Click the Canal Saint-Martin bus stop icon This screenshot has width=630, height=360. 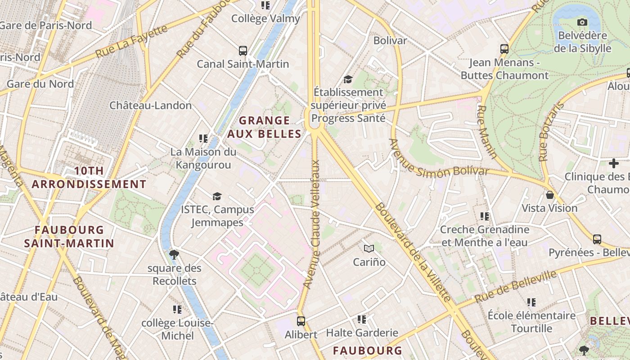[243, 50]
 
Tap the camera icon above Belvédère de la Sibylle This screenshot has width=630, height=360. [582, 22]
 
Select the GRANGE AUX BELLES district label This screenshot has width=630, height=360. [264, 127]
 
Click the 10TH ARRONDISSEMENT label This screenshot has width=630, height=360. [89, 177]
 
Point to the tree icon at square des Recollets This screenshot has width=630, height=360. [174, 255]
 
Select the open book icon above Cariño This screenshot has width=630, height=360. [369, 248]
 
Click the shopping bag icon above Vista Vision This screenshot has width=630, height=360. [549, 195]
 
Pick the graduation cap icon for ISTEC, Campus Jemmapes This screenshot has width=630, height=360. [217, 196]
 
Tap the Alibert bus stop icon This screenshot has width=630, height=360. [301, 321]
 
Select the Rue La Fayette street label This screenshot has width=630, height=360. [131, 42]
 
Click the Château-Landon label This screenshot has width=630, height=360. [151, 105]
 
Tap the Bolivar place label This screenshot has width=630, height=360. [390, 40]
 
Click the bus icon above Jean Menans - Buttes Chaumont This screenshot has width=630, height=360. [504, 49]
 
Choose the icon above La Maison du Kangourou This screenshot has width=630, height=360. [203, 139]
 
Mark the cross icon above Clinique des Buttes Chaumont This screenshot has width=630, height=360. [613, 163]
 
